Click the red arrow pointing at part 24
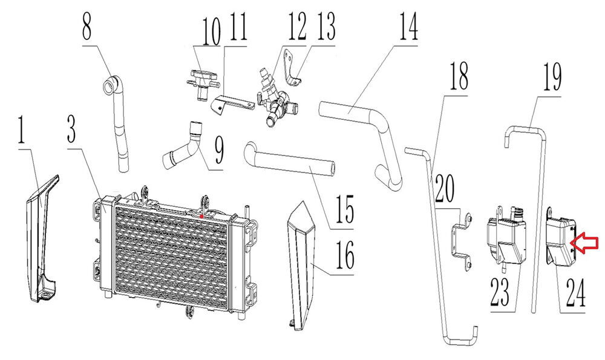coord(585,243)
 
